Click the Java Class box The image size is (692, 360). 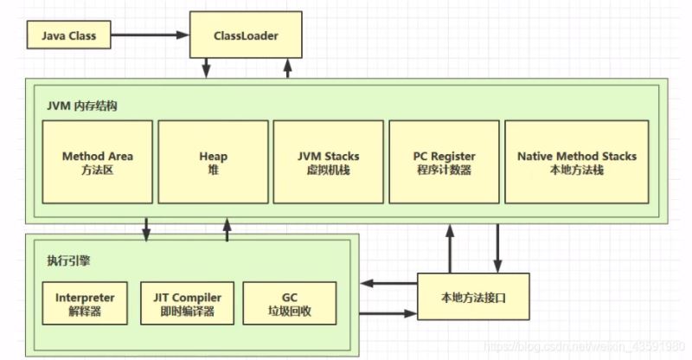[x=69, y=36]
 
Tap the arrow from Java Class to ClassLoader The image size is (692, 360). [x=147, y=35]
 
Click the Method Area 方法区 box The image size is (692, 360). [x=97, y=162]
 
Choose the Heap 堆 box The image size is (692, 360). [x=213, y=162]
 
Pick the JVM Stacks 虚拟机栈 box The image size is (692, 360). [x=329, y=162]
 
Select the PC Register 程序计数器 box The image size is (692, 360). [x=444, y=162]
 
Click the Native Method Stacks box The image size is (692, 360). [x=576, y=162]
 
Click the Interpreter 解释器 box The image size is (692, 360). [x=85, y=303]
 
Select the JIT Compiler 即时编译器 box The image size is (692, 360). [x=187, y=303]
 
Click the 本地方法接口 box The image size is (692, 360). [x=473, y=297]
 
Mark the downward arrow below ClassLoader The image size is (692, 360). [x=208, y=68]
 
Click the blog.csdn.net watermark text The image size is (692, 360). [x=588, y=350]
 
